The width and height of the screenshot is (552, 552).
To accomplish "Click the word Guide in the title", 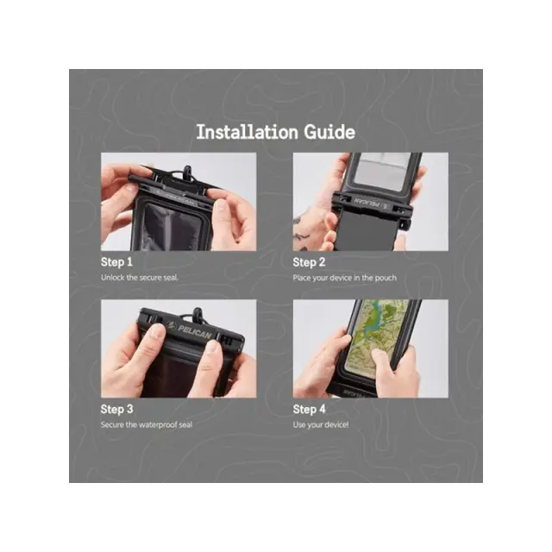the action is [329, 132].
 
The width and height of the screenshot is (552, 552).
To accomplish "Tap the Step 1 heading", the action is [116, 262].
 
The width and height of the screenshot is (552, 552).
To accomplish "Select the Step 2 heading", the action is [309, 262].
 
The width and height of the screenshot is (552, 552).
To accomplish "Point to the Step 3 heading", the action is [117, 409].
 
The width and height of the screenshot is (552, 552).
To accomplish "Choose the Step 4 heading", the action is [309, 409].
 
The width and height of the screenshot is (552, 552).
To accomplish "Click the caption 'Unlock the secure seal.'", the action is [140, 278].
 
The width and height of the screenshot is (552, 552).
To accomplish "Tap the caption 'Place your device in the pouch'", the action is [345, 278].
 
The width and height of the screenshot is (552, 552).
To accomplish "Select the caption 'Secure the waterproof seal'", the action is [147, 424].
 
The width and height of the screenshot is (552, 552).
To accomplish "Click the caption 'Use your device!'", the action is [321, 425].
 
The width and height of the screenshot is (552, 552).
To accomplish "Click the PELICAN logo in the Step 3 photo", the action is [191, 330].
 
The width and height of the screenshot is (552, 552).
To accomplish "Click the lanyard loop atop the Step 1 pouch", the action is [186, 172].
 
